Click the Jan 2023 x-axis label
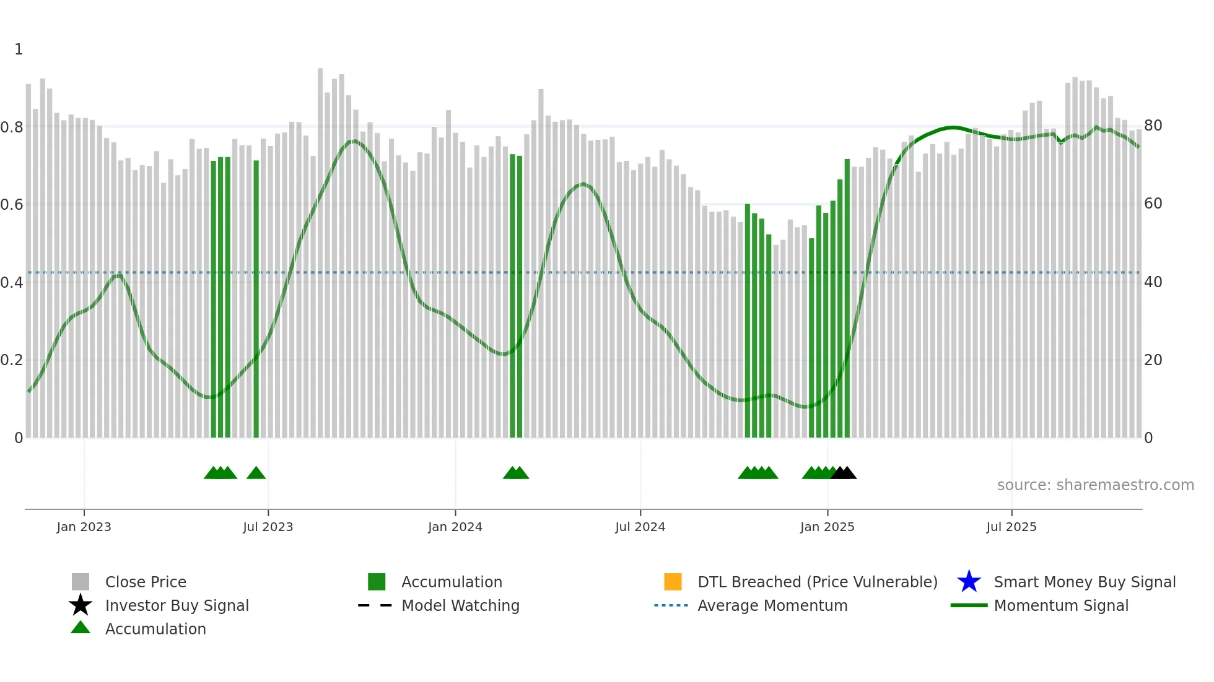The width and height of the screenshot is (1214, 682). point(84,527)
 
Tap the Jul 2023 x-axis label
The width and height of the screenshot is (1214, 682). point(268,527)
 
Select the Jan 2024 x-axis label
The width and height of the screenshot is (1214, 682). point(455,527)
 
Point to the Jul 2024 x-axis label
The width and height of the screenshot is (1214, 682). point(640,527)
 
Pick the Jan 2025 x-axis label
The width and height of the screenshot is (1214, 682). point(827,527)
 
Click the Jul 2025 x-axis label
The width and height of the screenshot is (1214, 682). point(1011,527)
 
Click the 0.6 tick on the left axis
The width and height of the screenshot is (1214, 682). point(12,204)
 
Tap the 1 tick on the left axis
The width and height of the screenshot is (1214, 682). point(19,50)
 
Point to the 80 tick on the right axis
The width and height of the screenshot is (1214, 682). point(1153,126)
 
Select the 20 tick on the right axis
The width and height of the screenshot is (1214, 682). point(1153,360)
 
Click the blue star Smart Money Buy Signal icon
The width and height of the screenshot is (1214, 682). point(969,582)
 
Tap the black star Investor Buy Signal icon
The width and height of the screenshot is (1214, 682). point(81,605)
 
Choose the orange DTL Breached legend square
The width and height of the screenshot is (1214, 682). point(673,582)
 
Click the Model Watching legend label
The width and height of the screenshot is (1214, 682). point(460,605)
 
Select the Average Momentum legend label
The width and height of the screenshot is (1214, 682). point(772,605)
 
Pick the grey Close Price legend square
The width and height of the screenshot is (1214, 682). point(81,582)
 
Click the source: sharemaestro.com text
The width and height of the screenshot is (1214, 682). point(1095,485)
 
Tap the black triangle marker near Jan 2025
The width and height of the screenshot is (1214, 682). point(844,473)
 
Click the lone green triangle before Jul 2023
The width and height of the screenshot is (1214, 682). point(256,473)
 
